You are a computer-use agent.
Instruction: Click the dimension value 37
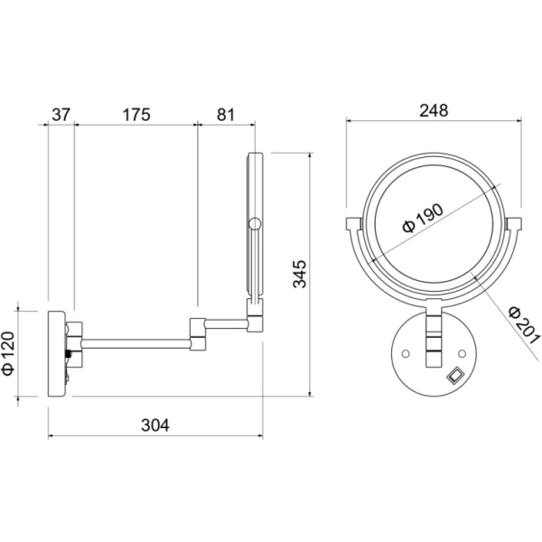(x=61, y=115)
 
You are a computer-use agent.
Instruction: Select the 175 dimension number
(x=136, y=115)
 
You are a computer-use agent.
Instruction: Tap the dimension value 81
(x=226, y=115)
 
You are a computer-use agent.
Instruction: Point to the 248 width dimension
(x=434, y=110)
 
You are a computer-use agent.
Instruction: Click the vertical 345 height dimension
(x=300, y=274)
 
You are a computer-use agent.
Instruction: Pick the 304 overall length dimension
(x=155, y=425)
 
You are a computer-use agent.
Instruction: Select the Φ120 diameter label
(x=8, y=353)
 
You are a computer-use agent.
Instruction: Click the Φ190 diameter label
(x=423, y=219)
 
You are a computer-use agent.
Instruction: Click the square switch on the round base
(x=455, y=375)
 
